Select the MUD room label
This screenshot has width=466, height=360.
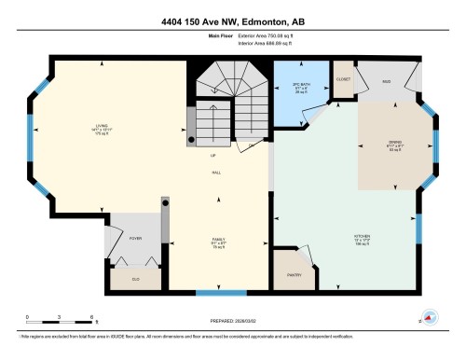click(385, 81)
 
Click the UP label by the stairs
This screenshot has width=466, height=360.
click(212, 156)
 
